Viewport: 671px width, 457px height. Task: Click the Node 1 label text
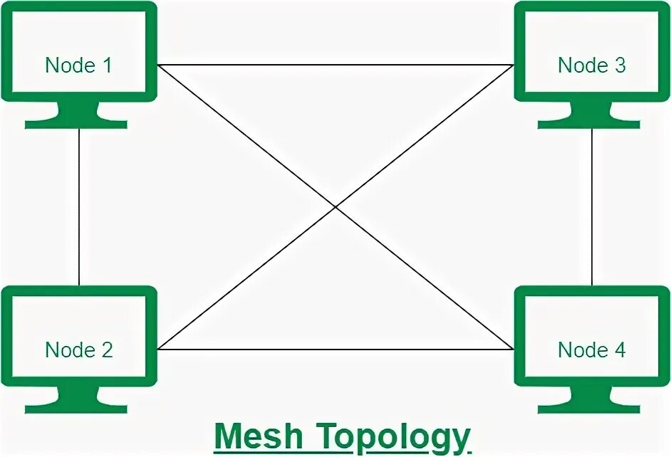click(x=78, y=65)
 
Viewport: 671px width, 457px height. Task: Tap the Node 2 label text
click(x=78, y=350)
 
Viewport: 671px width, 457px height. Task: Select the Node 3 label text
click(x=591, y=65)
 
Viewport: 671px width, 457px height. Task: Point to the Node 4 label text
click(x=591, y=350)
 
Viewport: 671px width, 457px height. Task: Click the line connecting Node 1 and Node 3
click(x=335, y=65)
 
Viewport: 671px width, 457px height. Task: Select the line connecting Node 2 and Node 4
click(x=335, y=350)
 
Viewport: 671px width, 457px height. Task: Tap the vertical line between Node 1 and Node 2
click(x=78, y=206)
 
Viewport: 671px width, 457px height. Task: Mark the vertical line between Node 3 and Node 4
click(x=592, y=206)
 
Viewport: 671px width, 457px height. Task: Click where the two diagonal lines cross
click(x=335, y=207)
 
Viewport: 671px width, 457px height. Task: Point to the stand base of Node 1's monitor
click(x=76, y=124)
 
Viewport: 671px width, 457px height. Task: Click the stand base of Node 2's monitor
click(x=76, y=409)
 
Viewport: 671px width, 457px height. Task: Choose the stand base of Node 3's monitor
click(x=589, y=124)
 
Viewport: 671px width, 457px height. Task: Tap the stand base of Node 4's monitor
click(x=589, y=409)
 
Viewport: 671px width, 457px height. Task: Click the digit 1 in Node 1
click(x=107, y=65)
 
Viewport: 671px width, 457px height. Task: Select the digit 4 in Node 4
click(x=620, y=350)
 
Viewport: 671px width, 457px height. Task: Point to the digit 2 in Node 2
click(x=107, y=350)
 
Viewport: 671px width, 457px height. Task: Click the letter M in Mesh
click(x=229, y=436)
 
